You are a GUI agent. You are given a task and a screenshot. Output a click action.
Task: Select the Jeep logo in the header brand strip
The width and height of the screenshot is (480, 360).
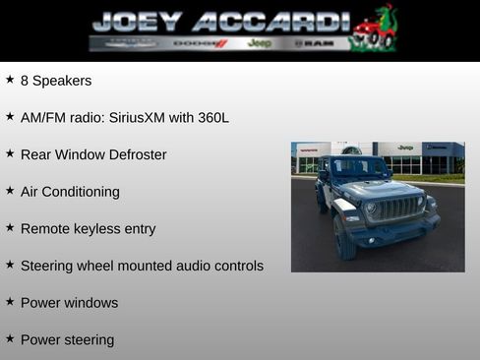click(260, 43)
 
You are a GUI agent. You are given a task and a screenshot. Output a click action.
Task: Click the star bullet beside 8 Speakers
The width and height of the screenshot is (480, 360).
click(10, 79)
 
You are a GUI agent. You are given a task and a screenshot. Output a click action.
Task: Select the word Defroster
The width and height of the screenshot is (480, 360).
click(133, 154)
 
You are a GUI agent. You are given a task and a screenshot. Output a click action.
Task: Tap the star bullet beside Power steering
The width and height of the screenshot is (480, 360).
click(10, 338)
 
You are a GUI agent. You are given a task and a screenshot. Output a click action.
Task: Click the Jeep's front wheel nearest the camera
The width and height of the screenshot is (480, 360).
click(343, 239)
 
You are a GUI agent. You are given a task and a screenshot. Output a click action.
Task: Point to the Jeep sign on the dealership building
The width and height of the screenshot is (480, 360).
click(405, 148)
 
